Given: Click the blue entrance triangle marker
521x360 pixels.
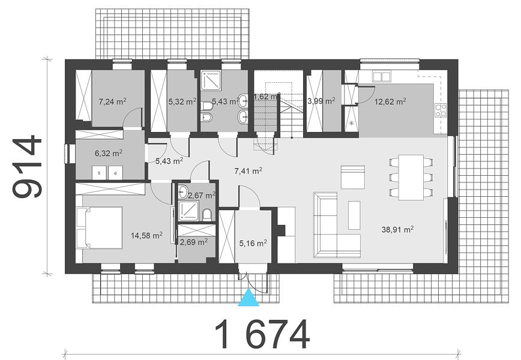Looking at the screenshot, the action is click(248, 297).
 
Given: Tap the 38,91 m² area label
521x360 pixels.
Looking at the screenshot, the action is click(397, 229).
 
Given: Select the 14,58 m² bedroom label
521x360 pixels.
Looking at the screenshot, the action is click(146, 235).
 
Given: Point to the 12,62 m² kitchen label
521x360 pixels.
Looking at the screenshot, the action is click(390, 101).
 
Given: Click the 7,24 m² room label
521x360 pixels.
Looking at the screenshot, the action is click(113, 101).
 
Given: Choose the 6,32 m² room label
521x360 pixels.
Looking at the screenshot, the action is click(109, 153).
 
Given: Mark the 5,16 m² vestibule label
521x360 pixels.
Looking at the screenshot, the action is click(253, 244).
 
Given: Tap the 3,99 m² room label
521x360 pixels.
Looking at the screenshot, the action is click(321, 101).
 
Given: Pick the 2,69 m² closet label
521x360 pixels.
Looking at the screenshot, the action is click(194, 242).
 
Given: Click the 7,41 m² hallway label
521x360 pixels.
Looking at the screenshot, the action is click(248, 171).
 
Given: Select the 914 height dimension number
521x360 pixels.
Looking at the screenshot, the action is click(28, 166).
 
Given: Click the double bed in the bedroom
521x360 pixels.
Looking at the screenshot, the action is click(99, 227).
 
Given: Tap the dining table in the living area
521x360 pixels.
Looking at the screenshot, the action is click(411, 177).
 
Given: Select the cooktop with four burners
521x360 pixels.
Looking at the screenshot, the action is click(441, 110).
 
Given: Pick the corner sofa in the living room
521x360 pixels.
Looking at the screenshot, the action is click(337, 225).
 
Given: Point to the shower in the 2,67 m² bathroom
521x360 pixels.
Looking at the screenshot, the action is click(188, 211).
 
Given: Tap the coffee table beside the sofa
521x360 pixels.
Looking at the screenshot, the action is click(354, 215).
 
